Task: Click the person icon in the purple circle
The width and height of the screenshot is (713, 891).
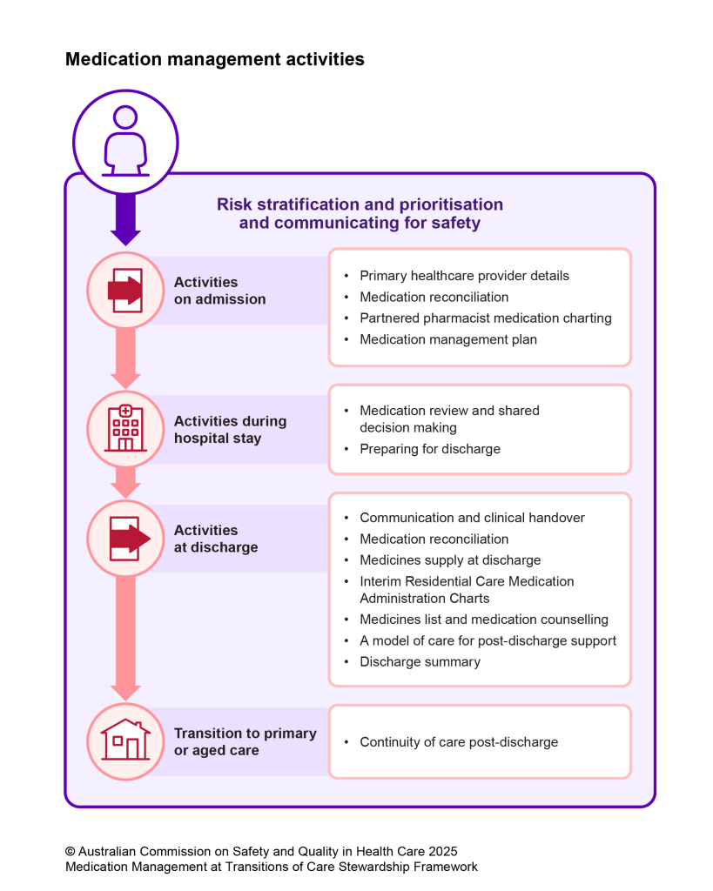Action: click(x=125, y=140)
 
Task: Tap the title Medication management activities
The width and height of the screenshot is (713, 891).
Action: click(x=214, y=59)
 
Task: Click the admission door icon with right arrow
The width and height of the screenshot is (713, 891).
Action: click(x=125, y=290)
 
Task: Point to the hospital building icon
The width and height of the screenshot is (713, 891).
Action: click(x=125, y=428)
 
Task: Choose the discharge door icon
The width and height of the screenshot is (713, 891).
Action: click(x=126, y=539)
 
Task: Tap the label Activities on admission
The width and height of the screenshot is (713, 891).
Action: click(x=219, y=291)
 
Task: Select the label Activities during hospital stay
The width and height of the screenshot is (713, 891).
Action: click(x=230, y=430)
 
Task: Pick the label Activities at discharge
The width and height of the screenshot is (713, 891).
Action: click(x=216, y=539)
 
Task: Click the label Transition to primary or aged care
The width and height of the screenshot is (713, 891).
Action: click(x=245, y=741)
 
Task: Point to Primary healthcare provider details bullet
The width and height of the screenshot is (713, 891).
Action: click(x=464, y=276)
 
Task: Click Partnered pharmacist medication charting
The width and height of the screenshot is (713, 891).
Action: click(x=485, y=318)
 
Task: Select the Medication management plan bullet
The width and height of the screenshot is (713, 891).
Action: click(x=448, y=339)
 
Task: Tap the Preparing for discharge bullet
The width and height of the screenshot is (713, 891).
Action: click(x=430, y=450)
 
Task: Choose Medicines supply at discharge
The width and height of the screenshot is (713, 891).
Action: click(x=450, y=560)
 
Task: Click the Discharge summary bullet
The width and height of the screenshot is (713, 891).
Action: click(x=420, y=662)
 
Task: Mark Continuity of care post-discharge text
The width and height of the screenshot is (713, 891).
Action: click(x=459, y=742)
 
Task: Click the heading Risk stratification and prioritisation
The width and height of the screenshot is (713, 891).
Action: click(x=360, y=204)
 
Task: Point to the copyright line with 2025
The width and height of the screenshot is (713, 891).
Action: click(x=261, y=851)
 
